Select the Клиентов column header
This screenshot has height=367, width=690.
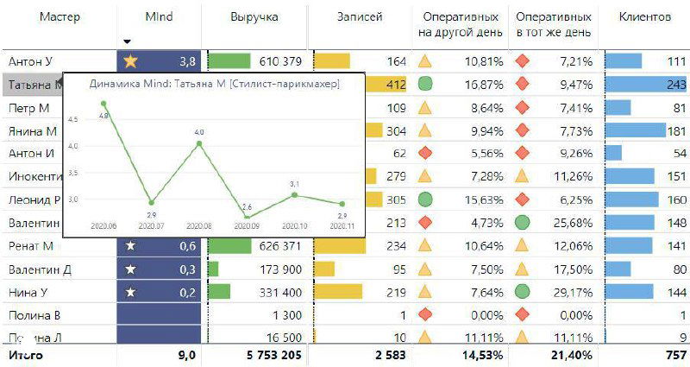644,16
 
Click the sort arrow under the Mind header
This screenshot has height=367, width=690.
128,41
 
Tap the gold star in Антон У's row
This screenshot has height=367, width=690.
131,61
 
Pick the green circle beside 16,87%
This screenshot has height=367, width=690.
425,85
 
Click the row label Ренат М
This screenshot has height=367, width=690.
30,246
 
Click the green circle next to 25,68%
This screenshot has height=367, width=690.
522,223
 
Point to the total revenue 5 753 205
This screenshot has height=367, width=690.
268,355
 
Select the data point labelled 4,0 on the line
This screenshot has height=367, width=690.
199,142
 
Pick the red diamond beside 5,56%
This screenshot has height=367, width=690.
425,154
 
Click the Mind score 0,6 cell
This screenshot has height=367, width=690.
159,246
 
